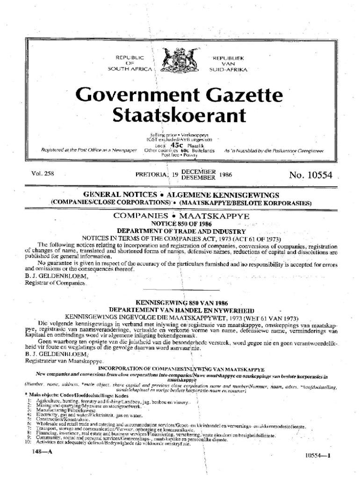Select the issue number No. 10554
(310, 175)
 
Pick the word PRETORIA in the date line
(151, 174)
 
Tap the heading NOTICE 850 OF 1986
(180, 224)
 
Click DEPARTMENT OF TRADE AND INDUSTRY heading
(181, 231)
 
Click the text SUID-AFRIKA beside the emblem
(229, 69)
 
